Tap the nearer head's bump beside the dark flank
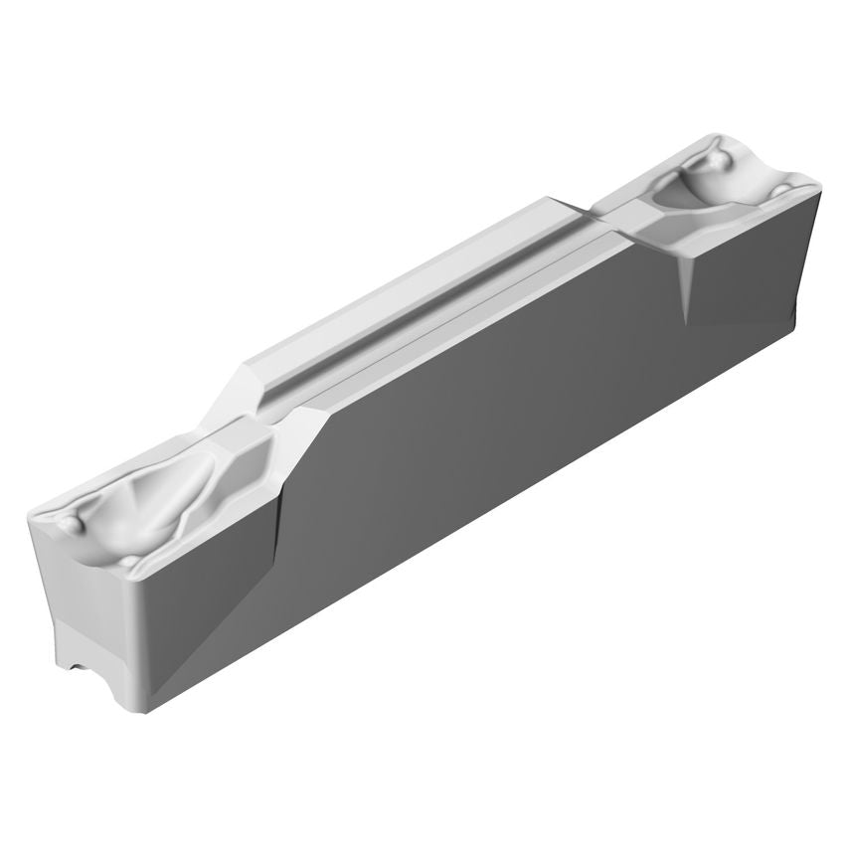(130, 565)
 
